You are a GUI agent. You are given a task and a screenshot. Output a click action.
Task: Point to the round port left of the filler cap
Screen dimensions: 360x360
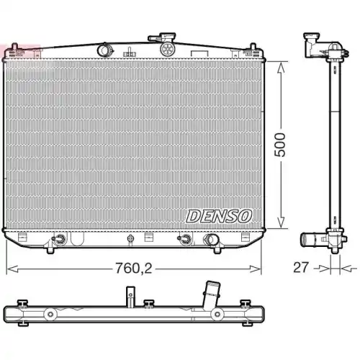[105, 50]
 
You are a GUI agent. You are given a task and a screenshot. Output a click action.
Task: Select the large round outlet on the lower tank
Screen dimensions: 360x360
[212, 240]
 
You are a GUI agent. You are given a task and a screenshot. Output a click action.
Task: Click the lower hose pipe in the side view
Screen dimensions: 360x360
[311, 240]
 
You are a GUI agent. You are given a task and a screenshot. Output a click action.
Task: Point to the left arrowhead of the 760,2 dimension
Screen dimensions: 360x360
[9, 269]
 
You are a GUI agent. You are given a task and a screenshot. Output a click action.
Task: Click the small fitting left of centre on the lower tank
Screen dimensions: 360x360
[61, 240]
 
